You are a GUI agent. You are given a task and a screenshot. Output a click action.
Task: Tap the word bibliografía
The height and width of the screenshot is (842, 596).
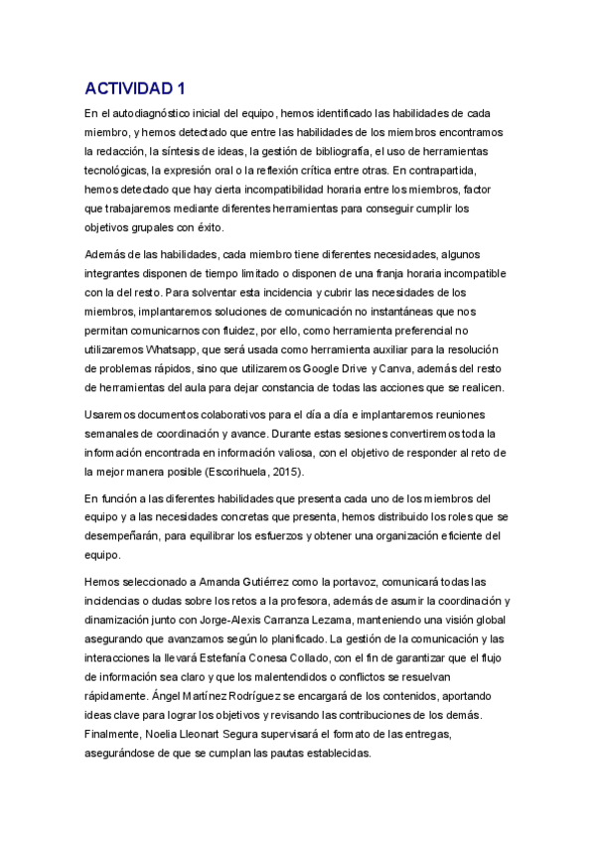point(335,151)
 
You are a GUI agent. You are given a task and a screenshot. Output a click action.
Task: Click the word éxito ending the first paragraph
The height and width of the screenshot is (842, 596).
point(204,226)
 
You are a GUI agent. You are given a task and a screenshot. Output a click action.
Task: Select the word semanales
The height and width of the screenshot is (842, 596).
point(116,433)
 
